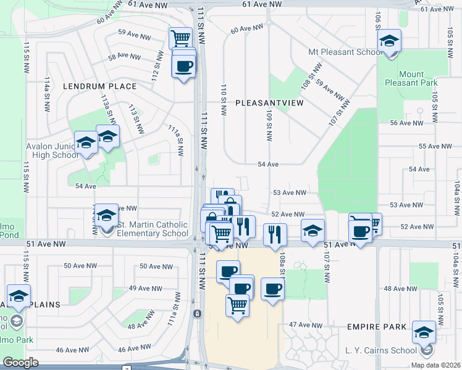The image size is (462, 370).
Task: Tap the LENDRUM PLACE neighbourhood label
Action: click(99, 86)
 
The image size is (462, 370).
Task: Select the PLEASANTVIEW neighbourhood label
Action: click(269, 103)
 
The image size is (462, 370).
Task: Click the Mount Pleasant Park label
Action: click(411, 78)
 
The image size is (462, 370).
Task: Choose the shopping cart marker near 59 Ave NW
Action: click(180, 38)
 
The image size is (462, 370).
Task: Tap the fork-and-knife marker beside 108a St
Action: click(275, 234)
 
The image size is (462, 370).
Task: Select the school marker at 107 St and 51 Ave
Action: click(313, 231)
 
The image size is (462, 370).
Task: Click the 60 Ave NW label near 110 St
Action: click(243, 29)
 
